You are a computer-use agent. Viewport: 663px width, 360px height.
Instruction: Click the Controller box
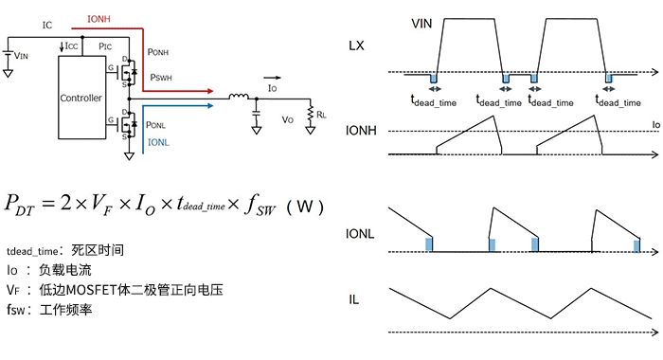81,98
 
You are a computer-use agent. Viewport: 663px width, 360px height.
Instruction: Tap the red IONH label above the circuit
99,19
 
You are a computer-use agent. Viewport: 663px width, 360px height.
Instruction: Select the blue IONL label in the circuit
158,142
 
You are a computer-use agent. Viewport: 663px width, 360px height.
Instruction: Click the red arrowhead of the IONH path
209,91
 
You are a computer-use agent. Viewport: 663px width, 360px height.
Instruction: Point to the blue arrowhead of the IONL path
209,106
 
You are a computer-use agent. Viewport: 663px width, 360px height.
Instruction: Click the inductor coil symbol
239,97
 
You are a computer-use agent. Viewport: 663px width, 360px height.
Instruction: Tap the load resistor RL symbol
311,114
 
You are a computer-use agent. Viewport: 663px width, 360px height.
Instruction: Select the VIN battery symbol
8,53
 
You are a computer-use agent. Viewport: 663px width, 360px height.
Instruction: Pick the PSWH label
161,78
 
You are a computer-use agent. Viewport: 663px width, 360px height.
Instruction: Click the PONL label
155,125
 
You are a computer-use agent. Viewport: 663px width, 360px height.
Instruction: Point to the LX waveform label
356,45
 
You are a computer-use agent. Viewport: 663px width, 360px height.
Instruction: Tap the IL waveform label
353,299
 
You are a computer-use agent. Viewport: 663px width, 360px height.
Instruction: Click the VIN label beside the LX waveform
421,24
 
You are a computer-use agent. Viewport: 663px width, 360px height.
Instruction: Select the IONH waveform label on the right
361,131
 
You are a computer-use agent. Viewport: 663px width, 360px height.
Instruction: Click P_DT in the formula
20,204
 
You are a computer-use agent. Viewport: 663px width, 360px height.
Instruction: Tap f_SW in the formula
260,205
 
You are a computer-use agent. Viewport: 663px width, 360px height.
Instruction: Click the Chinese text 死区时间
98,250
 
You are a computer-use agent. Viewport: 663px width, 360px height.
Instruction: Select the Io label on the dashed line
655,125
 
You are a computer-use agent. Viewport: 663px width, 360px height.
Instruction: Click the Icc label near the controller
71,45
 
